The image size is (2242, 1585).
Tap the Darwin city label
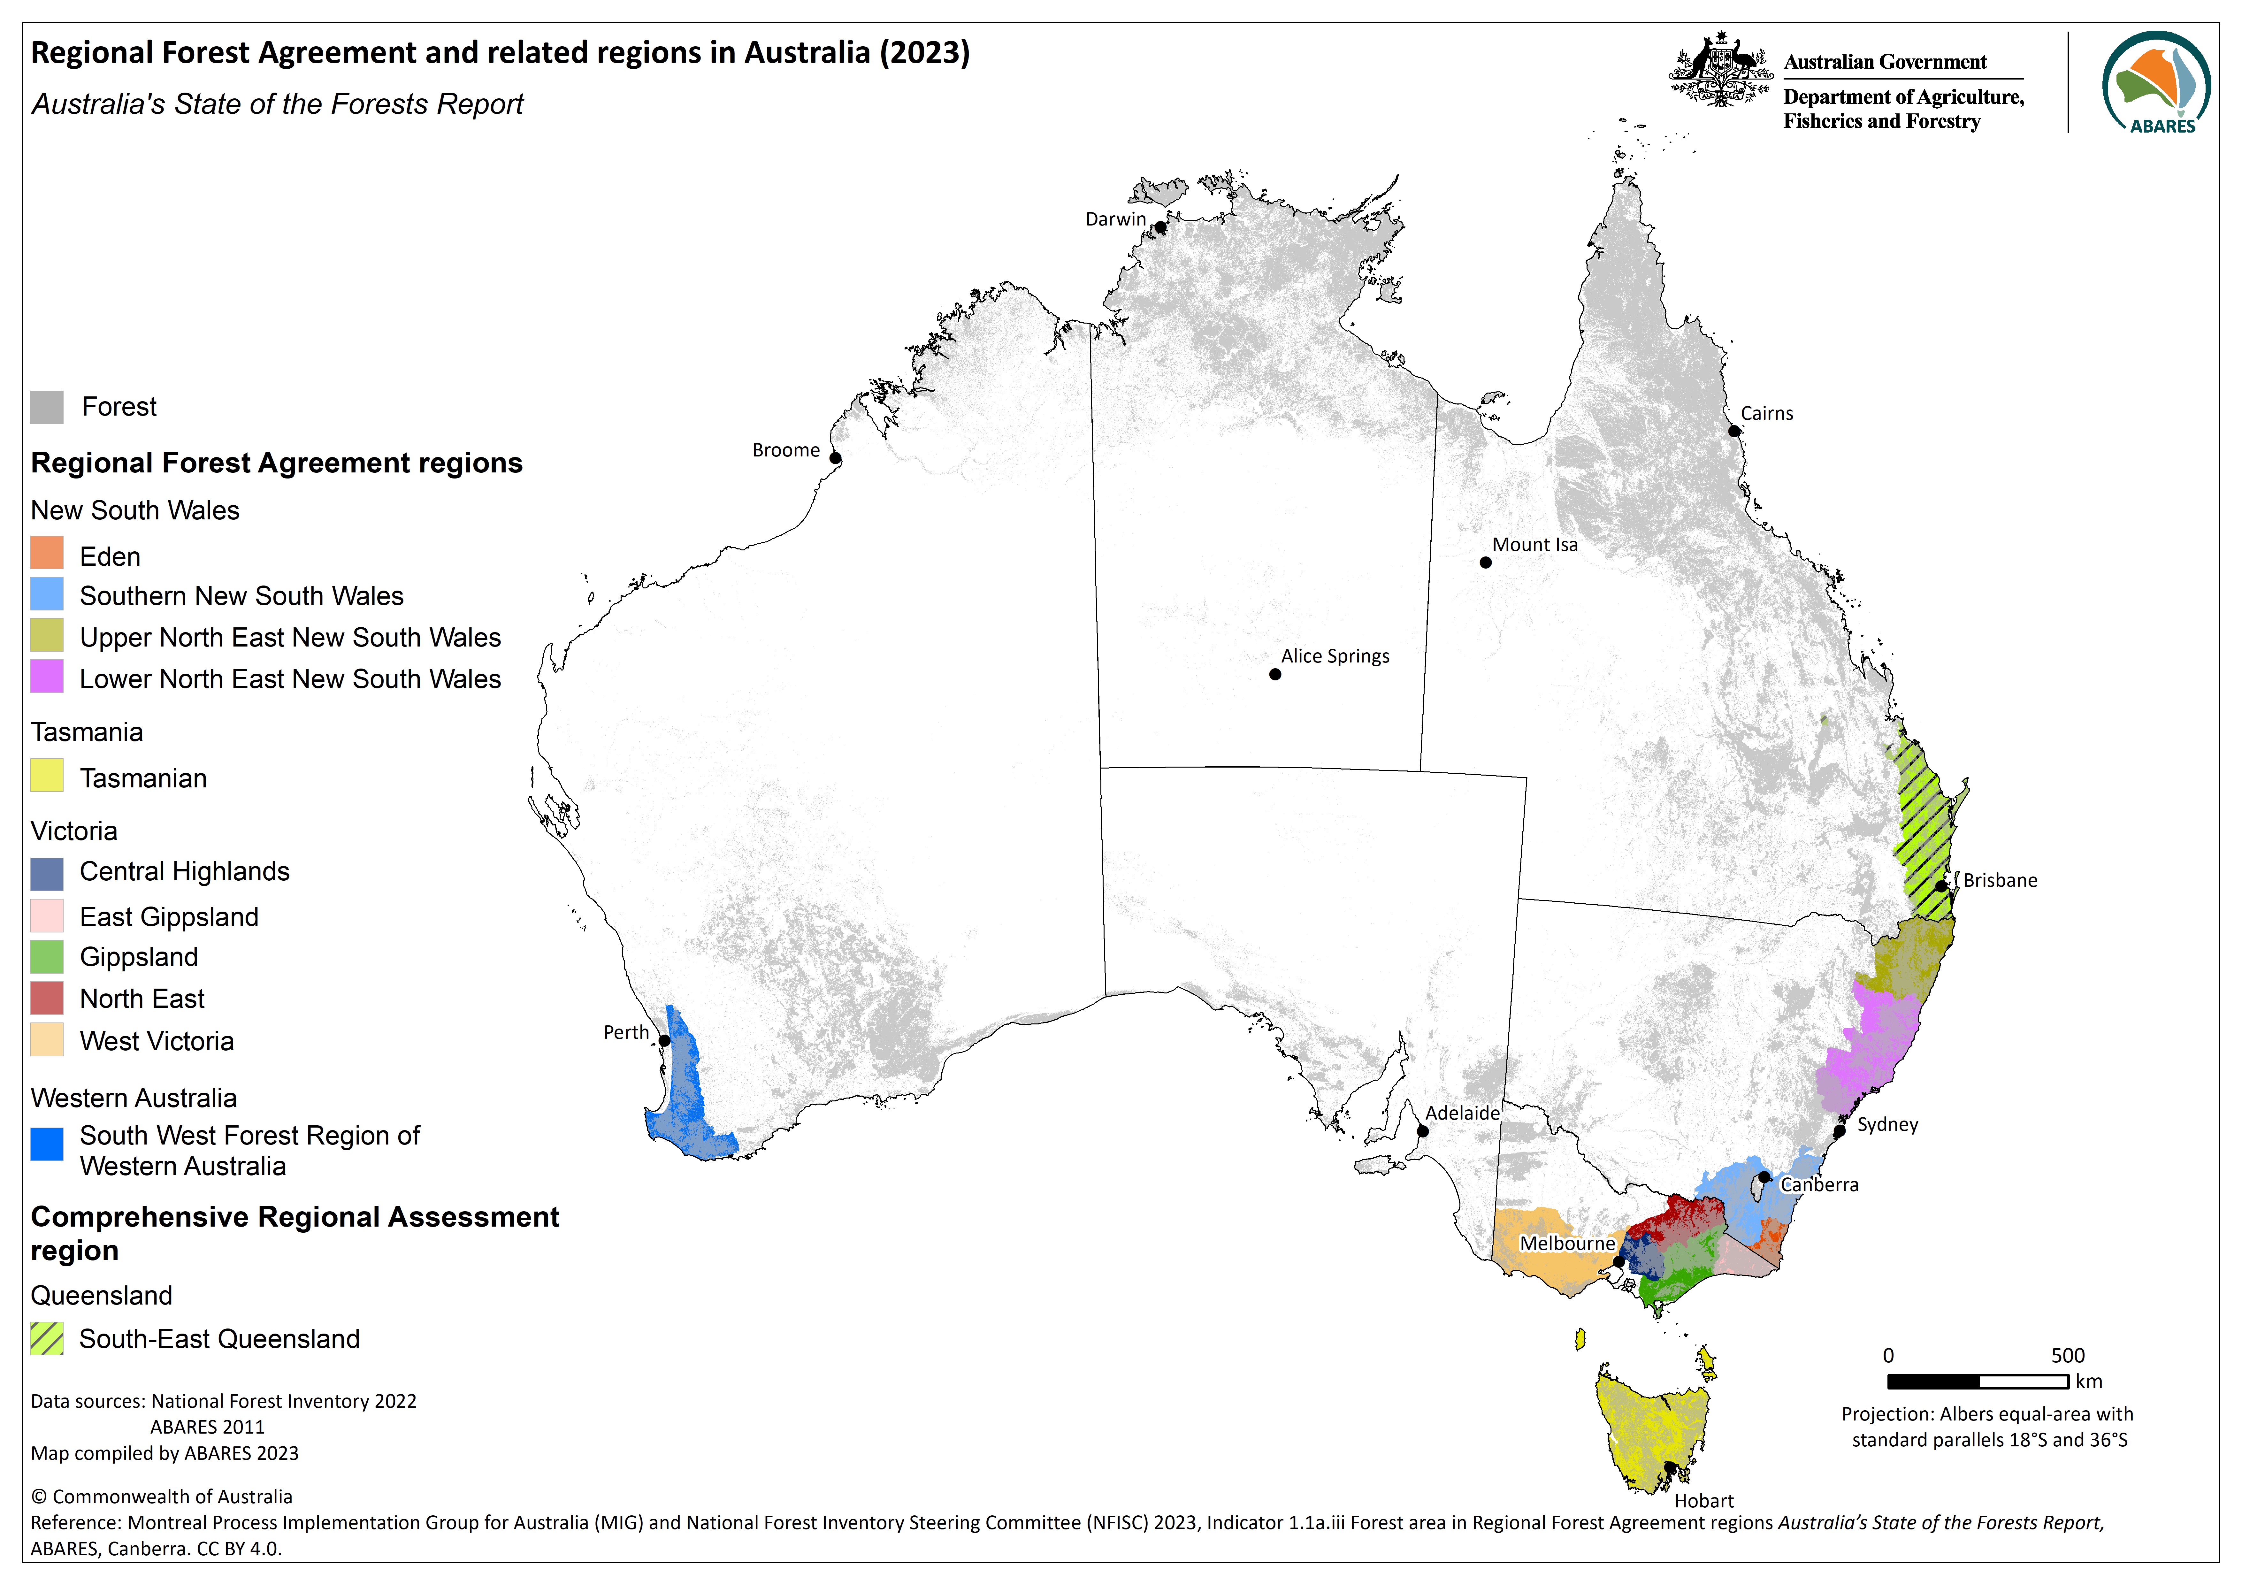point(1115,219)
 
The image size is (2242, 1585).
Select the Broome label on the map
point(785,450)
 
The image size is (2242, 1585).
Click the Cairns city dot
point(1734,431)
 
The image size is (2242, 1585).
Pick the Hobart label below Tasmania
point(1704,1501)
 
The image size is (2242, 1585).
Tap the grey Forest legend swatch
point(47,406)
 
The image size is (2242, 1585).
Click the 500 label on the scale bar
point(2067,1356)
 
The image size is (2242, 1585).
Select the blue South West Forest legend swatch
point(47,1144)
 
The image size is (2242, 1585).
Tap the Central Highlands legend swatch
point(47,873)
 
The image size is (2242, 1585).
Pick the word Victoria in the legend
point(74,831)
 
